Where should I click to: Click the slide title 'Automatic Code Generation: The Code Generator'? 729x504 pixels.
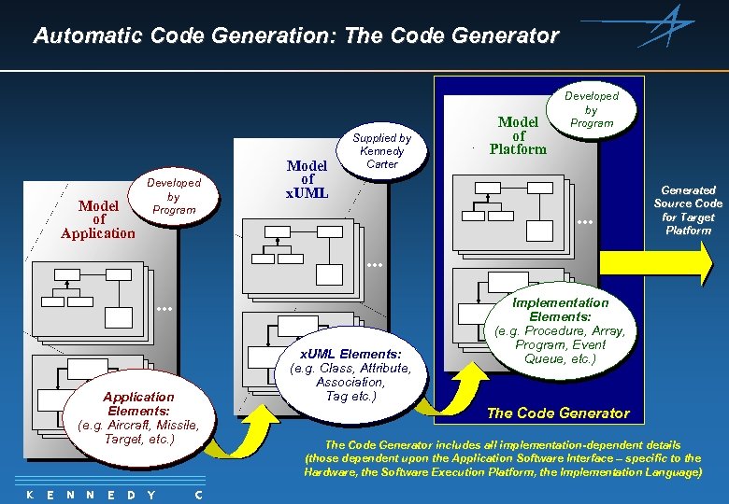click(295, 36)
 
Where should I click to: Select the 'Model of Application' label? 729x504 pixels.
click(98, 219)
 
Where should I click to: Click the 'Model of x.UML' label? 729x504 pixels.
click(307, 179)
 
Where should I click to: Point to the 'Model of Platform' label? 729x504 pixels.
click(518, 135)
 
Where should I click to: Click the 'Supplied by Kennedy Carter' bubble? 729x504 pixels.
click(382, 150)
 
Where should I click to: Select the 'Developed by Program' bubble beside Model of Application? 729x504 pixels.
click(174, 196)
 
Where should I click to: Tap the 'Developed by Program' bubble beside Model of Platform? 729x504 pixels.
click(592, 109)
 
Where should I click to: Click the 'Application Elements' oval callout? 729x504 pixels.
click(138, 417)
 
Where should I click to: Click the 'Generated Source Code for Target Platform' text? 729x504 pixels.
click(688, 210)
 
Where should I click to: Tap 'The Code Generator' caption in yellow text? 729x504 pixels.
click(558, 413)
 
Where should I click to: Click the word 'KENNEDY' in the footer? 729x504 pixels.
click(89, 495)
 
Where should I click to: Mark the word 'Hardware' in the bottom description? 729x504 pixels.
click(332, 472)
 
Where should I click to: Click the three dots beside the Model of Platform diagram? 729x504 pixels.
click(586, 223)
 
